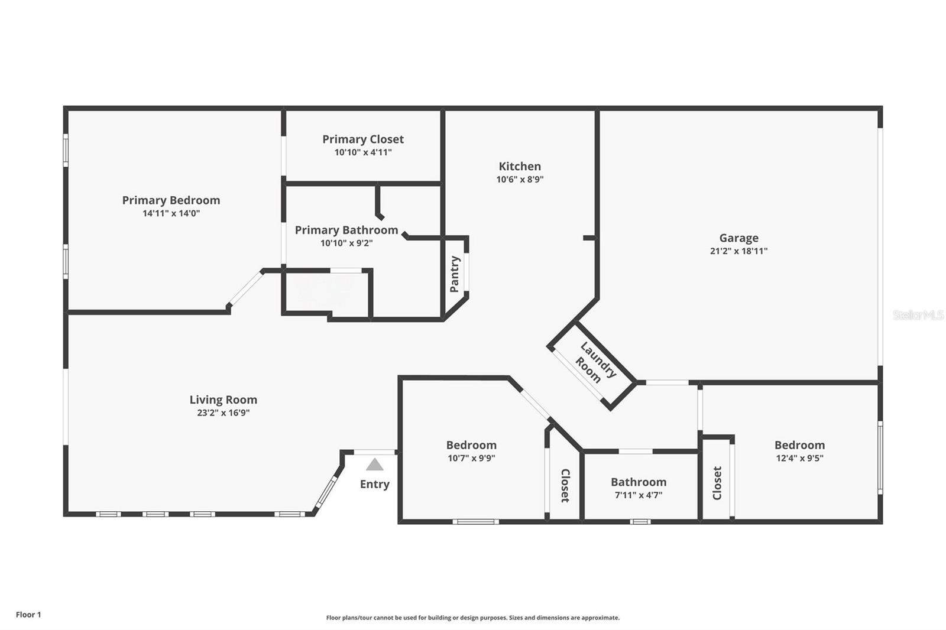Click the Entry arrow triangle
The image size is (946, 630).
pos(375,465)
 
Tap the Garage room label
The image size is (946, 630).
pos(738,238)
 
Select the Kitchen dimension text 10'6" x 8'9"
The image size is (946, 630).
pos(520,179)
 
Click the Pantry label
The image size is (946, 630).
pos(455,274)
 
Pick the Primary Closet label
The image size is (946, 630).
pos(363,139)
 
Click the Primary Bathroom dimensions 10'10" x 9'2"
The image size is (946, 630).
pos(346,243)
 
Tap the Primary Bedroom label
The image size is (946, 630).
pos(171,200)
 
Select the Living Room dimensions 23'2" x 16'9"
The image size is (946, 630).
pos(223,413)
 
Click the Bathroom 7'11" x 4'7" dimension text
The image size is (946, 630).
pos(639,495)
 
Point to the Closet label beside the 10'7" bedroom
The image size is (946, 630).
pos(565,486)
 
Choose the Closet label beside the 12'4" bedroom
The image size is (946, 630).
pos(717,483)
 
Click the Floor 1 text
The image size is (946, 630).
pos(28,615)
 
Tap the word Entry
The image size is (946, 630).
pos(375,485)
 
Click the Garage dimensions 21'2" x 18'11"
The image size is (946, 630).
pos(738,251)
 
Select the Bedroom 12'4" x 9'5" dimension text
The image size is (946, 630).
pos(799,457)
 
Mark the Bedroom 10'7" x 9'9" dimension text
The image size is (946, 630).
pos(471,457)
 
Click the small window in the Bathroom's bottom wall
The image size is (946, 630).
pos(640,521)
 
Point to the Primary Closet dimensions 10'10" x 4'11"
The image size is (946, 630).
pos(363,152)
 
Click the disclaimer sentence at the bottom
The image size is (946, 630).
pos(472,618)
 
